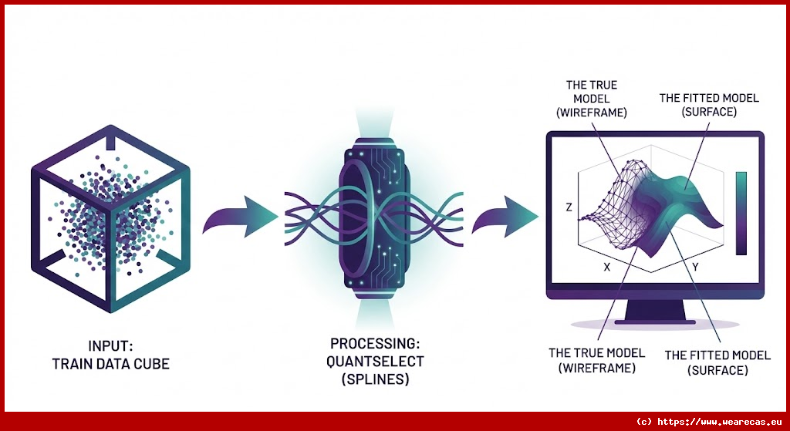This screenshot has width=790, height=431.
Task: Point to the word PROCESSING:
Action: click(377, 343)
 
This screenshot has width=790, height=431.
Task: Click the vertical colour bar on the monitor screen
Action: click(741, 213)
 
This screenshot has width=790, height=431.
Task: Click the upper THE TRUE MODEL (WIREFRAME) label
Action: click(592, 99)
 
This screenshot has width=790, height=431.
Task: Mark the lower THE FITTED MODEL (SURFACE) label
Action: click(717, 362)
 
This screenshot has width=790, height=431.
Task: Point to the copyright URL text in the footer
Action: click(709, 422)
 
